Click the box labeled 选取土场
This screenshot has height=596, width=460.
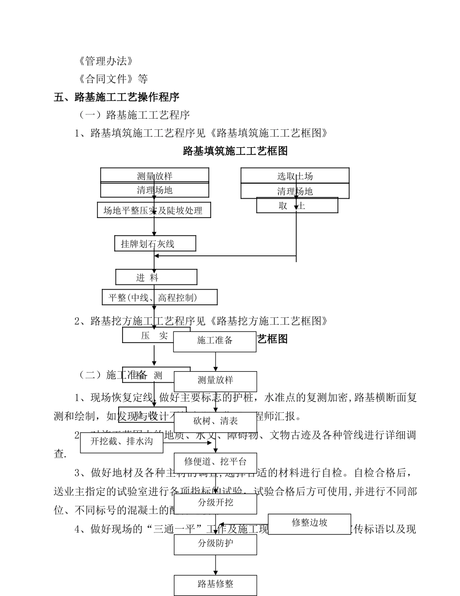pos(295,175)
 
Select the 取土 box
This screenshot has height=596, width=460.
pos(297,205)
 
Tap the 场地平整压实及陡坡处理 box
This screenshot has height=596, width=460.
pos(153,210)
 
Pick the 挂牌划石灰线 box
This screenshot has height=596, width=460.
pos(155,244)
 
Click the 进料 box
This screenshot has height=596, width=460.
pos(156,277)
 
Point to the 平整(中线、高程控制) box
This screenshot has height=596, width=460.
pos(159,297)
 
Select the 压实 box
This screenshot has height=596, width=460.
pos(147,335)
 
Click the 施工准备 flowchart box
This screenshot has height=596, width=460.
pos(215,341)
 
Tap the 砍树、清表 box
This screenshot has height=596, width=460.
pos(215,421)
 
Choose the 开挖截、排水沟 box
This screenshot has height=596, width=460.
pos(122,441)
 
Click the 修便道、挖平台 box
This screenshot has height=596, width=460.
pos(215,462)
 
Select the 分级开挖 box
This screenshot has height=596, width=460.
pos(215,503)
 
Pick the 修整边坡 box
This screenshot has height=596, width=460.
pos(309,523)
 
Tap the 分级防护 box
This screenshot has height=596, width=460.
pos(215,543)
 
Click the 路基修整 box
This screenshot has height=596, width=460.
pos(215,584)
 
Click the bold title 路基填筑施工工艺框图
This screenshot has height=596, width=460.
pos(235,151)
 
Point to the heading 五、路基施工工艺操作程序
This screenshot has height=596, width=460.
pos(117,97)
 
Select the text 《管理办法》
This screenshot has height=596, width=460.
pos(105,61)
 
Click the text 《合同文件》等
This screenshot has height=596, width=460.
pos(112,79)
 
